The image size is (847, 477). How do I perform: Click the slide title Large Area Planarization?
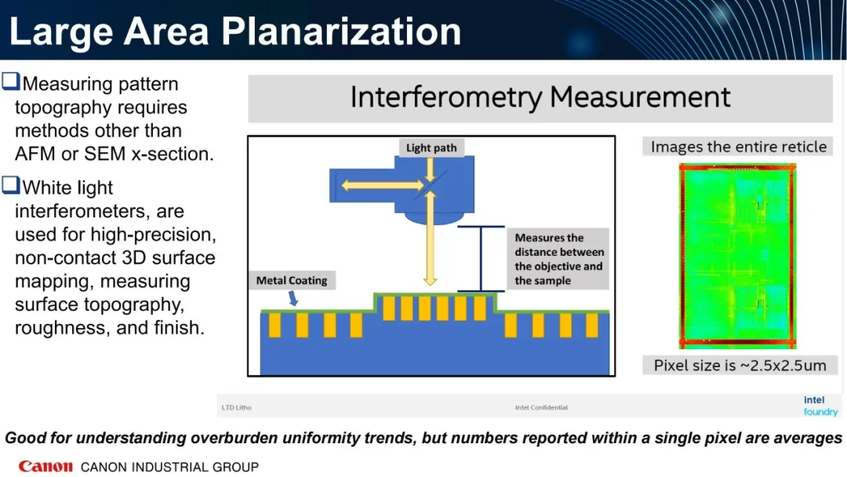click(x=235, y=31)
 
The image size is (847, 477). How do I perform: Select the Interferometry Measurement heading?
click(x=540, y=98)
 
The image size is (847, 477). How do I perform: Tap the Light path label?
click(x=431, y=147)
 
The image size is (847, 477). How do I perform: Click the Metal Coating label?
click(x=292, y=280)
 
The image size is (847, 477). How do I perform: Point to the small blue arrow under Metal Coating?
click(x=293, y=298)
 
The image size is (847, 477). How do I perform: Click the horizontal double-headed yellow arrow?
click(x=382, y=186)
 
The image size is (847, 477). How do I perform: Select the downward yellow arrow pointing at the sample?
click(x=430, y=238)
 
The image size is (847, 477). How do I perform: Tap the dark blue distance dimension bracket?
click(x=481, y=259)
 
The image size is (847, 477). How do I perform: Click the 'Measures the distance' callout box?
click(x=558, y=259)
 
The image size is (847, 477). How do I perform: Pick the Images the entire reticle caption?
click(x=739, y=147)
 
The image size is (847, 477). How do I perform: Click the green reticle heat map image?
click(x=737, y=256)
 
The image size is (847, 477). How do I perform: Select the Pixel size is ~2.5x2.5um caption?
click(x=740, y=365)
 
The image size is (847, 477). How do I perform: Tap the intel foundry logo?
click(x=820, y=406)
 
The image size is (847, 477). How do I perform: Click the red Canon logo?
click(x=45, y=466)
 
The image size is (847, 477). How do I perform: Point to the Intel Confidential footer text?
click(x=541, y=407)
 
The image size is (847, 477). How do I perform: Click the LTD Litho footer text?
click(x=236, y=407)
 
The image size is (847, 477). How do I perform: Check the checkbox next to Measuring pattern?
click(x=11, y=81)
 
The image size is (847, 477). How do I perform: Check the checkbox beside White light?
click(x=11, y=184)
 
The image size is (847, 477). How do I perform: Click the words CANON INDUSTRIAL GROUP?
click(x=169, y=467)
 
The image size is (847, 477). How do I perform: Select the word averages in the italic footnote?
click(x=808, y=438)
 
